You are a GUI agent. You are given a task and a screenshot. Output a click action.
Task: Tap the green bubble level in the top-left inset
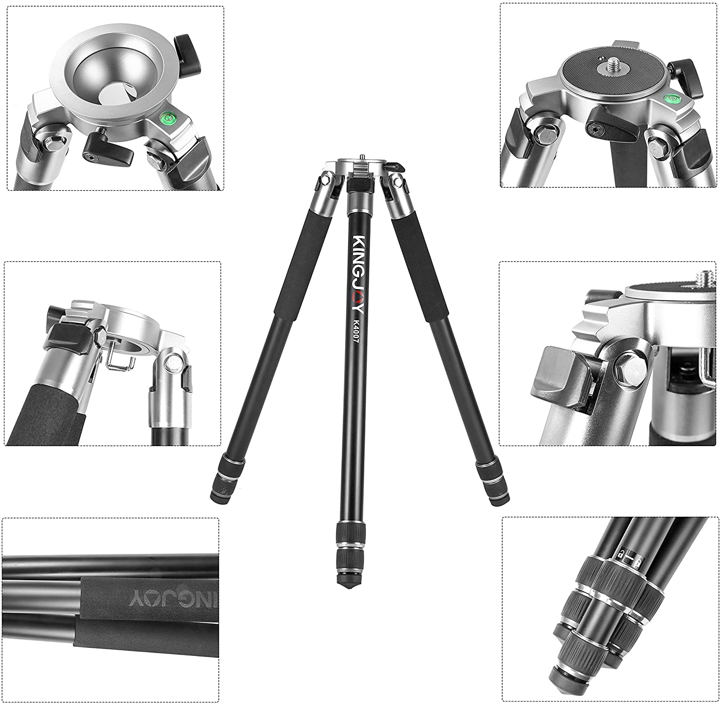(x=168, y=117)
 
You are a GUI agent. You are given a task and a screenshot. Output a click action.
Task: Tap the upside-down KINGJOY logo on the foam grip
(x=168, y=598)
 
